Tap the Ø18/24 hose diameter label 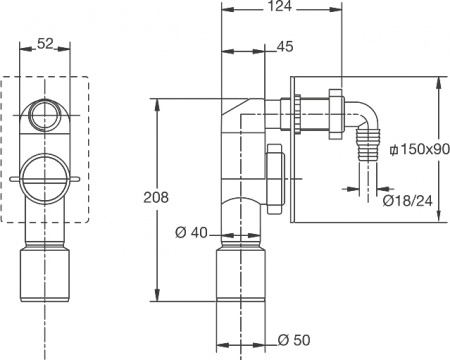click(408, 201)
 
